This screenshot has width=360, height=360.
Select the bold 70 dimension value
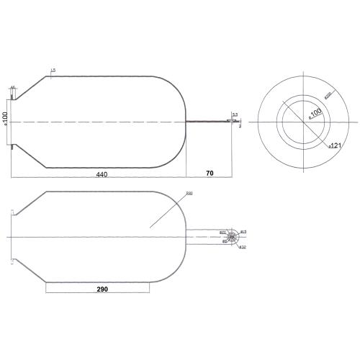pyautogui.click(x=210, y=174)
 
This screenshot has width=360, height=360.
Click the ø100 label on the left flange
pyautogui.click(x=6, y=118)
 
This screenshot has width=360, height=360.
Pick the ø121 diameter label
pyautogui.click(x=335, y=145)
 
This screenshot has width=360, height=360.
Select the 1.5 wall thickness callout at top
pyautogui.click(x=53, y=69)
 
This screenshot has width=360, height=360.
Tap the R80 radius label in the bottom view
pyautogui.click(x=189, y=193)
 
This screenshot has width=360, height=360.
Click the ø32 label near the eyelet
pyautogui.click(x=243, y=248)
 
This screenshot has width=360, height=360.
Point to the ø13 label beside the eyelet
pyautogui.click(x=243, y=231)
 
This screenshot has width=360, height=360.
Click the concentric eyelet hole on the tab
pyautogui.click(x=233, y=238)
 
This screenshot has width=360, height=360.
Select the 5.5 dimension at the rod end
pyautogui.click(x=235, y=114)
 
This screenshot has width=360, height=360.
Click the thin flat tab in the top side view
pyautogui.click(x=209, y=122)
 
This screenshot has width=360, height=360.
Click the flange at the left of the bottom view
pyautogui.click(x=12, y=237)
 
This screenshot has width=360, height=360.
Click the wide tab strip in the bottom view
pyautogui.click(x=205, y=237)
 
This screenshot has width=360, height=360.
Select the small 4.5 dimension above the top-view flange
pyautogui.click(x=13, y=87)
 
